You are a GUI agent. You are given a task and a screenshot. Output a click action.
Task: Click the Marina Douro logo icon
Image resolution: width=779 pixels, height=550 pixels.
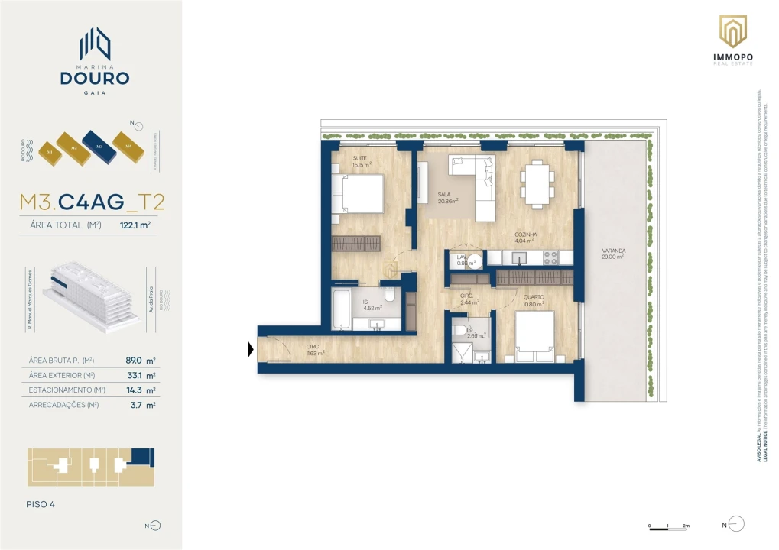click(x=96, y=44)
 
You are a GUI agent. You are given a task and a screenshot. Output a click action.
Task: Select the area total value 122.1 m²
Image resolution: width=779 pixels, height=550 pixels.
click(x=135, y=225)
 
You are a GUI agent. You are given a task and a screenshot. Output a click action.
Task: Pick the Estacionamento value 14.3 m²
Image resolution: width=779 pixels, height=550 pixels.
click(x=140, y=390)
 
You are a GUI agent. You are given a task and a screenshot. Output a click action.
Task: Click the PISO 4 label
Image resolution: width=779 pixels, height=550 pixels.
click(x=40, y=504)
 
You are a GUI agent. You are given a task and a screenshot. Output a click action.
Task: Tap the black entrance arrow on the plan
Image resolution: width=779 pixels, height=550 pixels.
click(x=250, y=350)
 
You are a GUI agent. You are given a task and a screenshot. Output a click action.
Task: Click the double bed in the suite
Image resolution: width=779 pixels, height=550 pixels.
click(x=359, y=194)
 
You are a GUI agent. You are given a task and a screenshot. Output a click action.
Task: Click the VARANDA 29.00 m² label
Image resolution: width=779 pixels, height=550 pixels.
click(x=612, y=254)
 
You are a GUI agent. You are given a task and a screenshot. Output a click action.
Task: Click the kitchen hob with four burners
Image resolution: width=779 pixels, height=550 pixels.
click(x=550, y=257)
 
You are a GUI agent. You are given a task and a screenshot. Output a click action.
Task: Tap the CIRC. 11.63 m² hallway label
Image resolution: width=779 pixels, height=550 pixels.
click(x=315, y=350)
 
